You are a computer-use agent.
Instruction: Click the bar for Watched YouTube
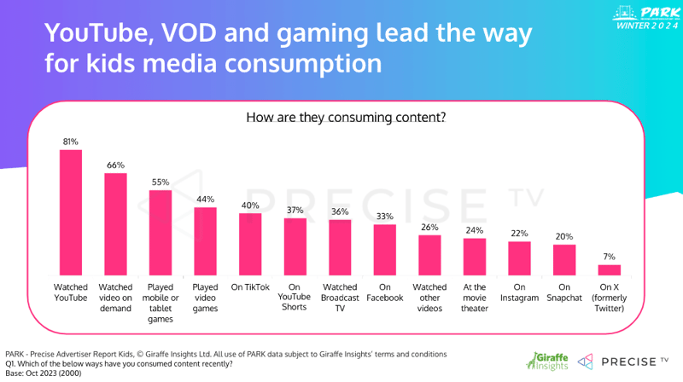click(x=70, y=212)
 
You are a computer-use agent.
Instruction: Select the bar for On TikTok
click(x=250, y=244)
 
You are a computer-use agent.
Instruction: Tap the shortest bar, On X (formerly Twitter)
click(x=609, y=269)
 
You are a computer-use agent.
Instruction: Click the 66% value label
click(x=115, y=165)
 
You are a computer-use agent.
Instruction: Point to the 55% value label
click(x=161, y=182)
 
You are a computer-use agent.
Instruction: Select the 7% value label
click(x=609, y=256)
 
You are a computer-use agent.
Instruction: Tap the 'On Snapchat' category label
click(x=564, y=293)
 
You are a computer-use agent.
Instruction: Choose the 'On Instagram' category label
click(x=519, y=293)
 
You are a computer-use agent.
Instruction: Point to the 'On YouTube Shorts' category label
click(x=295, y=298)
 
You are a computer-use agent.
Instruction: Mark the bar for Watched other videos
click(x=429, y=254)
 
